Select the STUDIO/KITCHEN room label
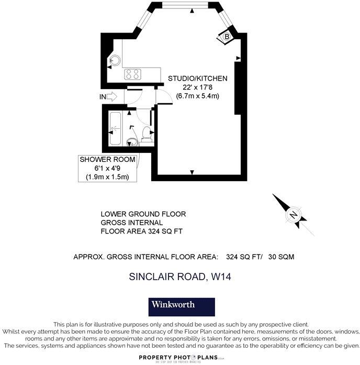tap(197, 79)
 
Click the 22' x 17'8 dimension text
tap(197, 87)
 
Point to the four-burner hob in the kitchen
tap(132, 74)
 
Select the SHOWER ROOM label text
tap(107, 159)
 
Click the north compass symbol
tap(293, 215)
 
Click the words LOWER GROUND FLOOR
tap(143, 214)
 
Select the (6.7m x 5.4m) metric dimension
tap(197, 96)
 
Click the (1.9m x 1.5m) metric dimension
tap(107, 177)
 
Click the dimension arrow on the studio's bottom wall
tap(192, 172)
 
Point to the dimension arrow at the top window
tap(192, 10)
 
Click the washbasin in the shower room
tap(131, 141)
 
